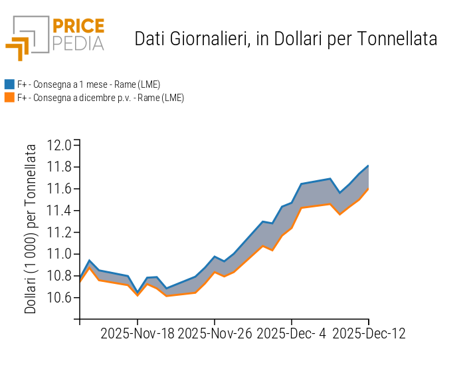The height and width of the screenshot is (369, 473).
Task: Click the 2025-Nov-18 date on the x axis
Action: (138, 333)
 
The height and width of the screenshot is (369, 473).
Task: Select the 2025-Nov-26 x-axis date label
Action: (215, 333)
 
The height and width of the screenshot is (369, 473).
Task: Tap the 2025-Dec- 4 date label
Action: (292, 333)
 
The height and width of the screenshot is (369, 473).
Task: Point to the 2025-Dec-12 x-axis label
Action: (369, 333)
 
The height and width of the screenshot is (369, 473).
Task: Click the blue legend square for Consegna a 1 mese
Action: (9, 84)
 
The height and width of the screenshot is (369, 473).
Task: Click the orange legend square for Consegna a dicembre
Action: (9, 98)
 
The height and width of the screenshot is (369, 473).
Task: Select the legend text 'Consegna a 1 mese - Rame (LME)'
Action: (88, 84)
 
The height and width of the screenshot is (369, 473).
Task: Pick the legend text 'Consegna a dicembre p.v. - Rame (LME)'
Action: (100, 98)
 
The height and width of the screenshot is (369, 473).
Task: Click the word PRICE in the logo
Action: (78, 27)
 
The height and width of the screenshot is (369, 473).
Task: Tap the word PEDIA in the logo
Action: (78, 43)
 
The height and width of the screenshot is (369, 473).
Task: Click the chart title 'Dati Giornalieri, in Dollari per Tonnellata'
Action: (286, 39)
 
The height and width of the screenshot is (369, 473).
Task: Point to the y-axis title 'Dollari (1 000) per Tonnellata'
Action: (31, 230)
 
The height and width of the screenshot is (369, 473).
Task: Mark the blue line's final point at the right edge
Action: (368, 166)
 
